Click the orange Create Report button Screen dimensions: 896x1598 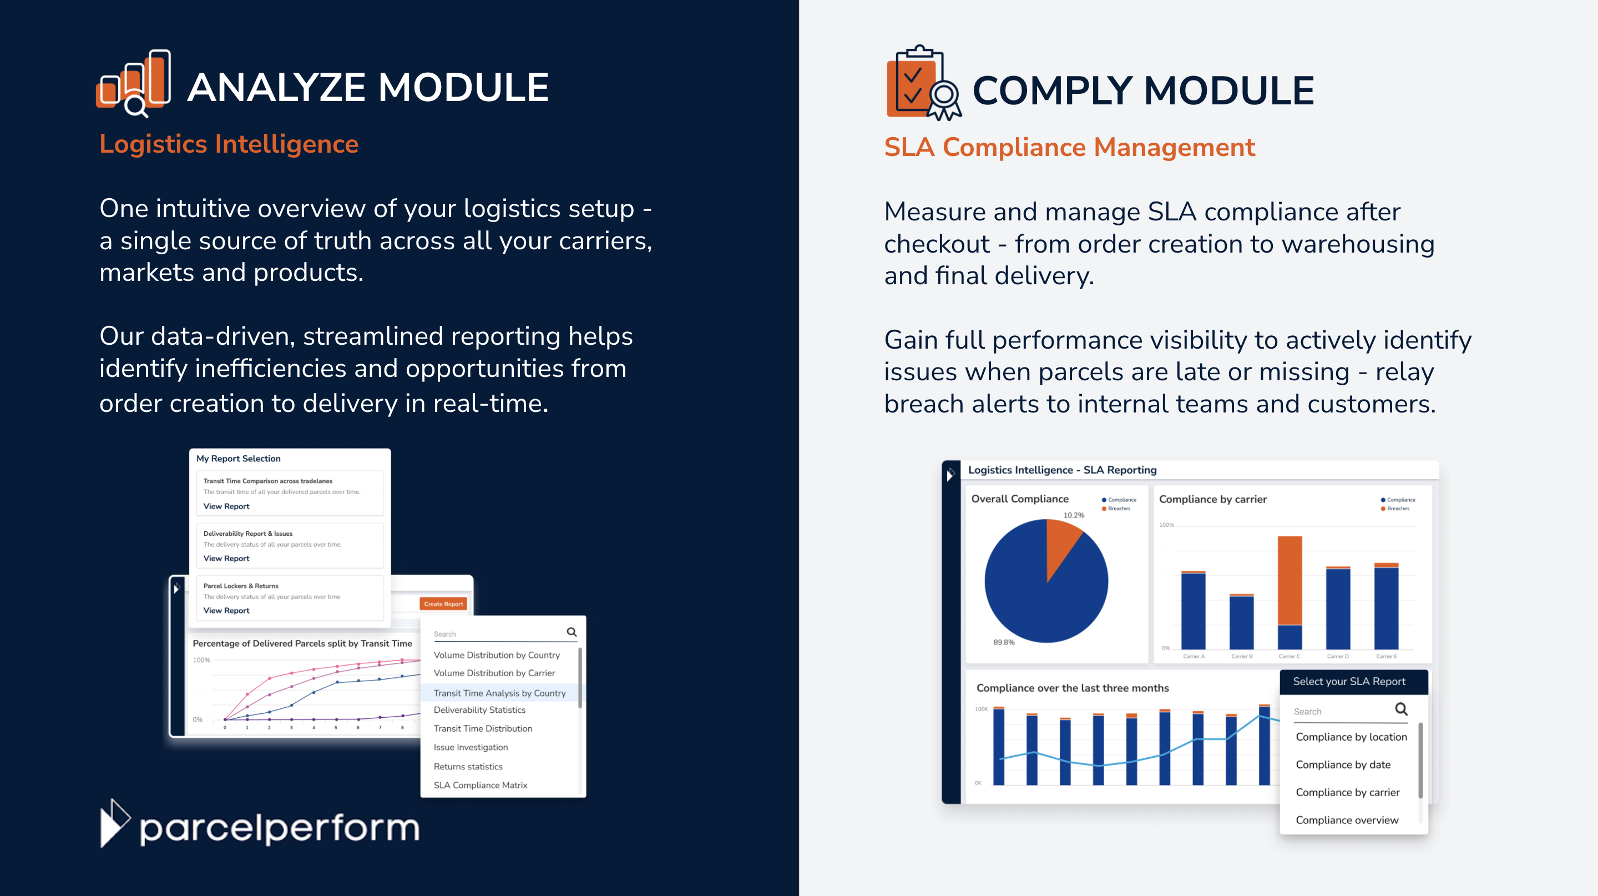click(x=443, y=604)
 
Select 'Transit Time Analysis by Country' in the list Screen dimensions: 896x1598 click(x=499, y=693)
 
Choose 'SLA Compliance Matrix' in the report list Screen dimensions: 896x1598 click(x=480, y=785)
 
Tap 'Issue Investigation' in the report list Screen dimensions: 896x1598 click(x=470, y=747)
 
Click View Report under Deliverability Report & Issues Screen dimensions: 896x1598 click(x=226, y=558)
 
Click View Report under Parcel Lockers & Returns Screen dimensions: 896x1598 click(x=226, y=611)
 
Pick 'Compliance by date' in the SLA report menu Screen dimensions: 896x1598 click(x=1343, y=764)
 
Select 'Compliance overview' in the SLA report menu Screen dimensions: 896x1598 click(x=1347, y=820)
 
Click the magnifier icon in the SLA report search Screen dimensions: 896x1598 click(x=1400, y=709)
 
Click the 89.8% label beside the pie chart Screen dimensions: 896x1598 click(x=1004, y=642)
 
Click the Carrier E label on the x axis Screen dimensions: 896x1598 click(x=1387, y=657)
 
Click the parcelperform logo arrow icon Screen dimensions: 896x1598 click(x=114, y=823)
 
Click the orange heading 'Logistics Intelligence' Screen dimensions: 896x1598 click(x=229, y=144)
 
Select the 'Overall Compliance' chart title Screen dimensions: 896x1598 click(x=1019, y=499)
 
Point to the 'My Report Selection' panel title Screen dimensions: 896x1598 click(x=238, y=459)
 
